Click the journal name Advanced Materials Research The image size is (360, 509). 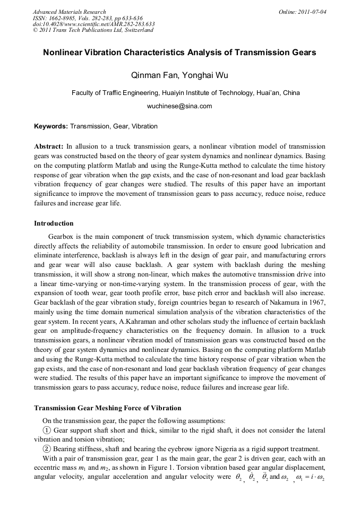[69, 12]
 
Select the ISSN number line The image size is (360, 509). [84, 18]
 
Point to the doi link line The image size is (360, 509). [93, 24]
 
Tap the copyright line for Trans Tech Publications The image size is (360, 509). [93, 30]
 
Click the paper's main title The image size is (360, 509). [179, 53]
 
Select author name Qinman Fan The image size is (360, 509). [154, 75]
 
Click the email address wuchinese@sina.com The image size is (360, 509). [179, 106]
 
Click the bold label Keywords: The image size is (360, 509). [51, 126]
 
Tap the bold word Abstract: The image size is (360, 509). [49, 146]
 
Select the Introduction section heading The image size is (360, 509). [54, 223]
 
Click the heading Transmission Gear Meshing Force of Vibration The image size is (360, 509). [108, 408]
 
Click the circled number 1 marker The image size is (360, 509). [47, 430]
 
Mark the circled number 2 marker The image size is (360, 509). [47, 448]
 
